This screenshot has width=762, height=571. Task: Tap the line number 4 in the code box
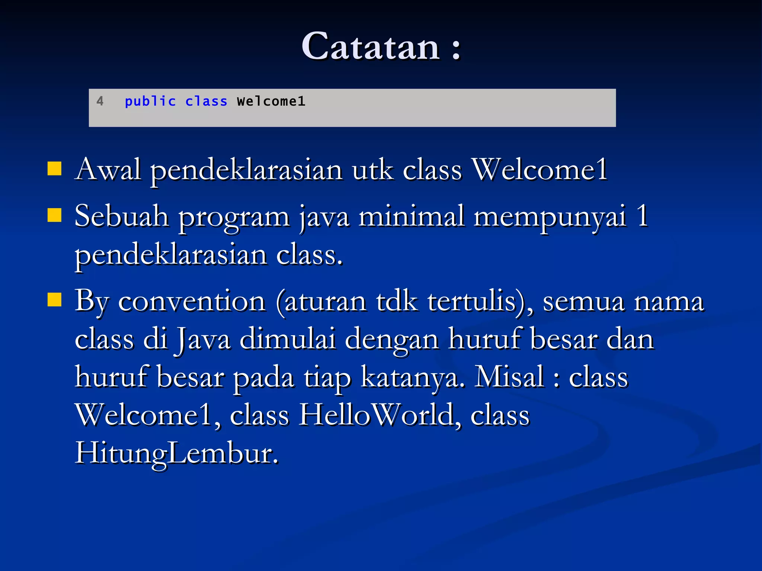click(100, 101)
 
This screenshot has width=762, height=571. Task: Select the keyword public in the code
click(150, 101)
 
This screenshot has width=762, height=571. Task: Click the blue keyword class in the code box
click(206, 101)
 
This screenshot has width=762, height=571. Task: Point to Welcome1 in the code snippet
click(271, 101)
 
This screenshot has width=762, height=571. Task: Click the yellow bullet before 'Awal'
click(55, 168)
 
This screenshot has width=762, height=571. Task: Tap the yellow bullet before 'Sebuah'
click(55, 215)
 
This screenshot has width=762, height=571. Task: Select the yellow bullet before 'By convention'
click(55, 299)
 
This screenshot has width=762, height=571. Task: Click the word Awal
click(108, 170)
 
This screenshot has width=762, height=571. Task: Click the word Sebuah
click(121, 216)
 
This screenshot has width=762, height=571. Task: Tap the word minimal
click(412, 216)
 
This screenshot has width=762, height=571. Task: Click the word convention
click(192, 301)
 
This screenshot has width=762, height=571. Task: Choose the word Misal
click(510, 377)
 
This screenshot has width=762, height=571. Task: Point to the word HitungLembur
click(176, 454)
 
